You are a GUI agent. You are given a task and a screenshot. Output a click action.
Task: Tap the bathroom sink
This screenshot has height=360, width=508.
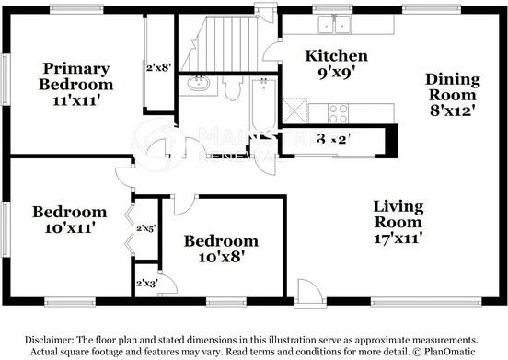[x=198, y=86]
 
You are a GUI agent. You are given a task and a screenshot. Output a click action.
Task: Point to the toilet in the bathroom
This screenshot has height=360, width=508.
[x=232, y=88]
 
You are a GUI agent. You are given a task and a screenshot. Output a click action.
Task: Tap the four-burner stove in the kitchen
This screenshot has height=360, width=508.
[x=338, y=112]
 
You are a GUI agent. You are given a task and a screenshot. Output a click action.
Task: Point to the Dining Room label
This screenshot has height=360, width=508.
[x=451, y=94]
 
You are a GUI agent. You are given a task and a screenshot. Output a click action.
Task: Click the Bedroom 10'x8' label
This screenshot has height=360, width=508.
[x=221, y=249]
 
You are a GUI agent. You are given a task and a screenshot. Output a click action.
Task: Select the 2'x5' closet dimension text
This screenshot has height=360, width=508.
[x=145, y=227]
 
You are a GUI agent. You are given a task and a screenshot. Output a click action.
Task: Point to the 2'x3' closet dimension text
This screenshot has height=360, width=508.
[x=145, y=284]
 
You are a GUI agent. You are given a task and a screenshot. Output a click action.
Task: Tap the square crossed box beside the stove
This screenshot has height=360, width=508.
[x=294, y=112]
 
